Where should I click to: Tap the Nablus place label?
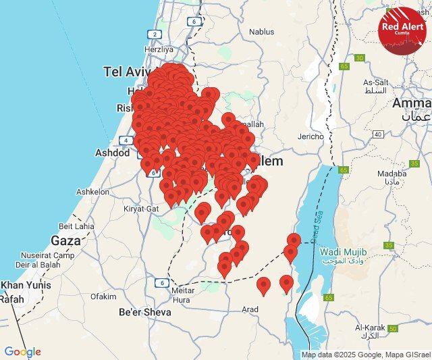tap(261, 32)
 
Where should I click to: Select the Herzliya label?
tap(159, 49)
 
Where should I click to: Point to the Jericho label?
tap(310, 136)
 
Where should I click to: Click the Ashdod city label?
tap(113, 153)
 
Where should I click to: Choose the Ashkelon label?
tap(92, 192)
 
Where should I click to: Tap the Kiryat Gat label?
tap(141, 209)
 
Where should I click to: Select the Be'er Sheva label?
tap(144, 312)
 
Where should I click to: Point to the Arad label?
tap(250, 309)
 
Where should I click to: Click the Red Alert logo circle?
tap(402, 29)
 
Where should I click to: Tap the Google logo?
tap(22, 352)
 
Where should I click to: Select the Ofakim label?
tap(103, 296)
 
